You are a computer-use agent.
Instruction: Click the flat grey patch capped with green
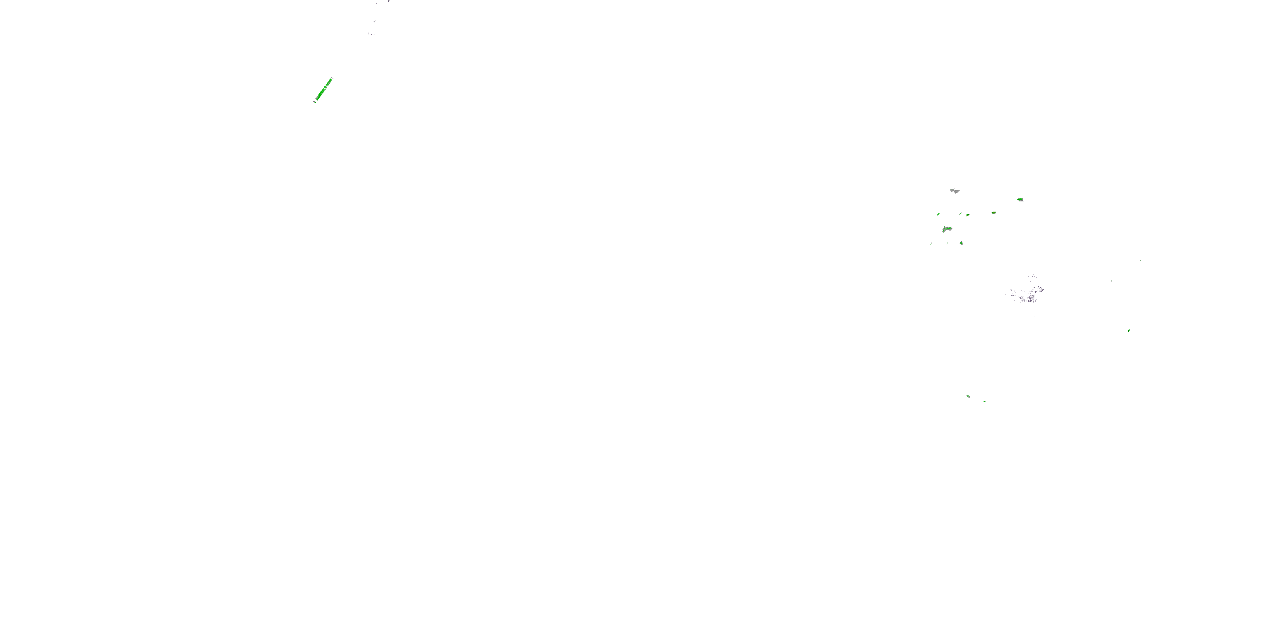pyautogui.click(x=1020, y=200)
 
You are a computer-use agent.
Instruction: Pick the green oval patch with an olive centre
pyautogui.click(x=994, y=213)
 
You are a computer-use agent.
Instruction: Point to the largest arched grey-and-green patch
pyautogui.click(x=947, y=229)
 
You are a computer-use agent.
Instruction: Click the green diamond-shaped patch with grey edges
pyautogui.click(x=961, y=243)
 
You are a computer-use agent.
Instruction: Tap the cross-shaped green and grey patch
pyautogui.click(x=968, y=215)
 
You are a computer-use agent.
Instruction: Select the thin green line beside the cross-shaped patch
pyautogui.click(x=960, y=214)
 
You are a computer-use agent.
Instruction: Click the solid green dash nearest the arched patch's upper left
pyautogui.click(x=938, y=214)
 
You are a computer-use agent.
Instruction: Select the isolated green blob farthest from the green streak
pyautogui.click(x=1129, y=331)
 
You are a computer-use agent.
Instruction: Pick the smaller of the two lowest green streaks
pyautogui.click(x=985, y=401)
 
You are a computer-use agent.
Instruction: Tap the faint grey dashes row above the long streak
pyautogui.click(x=371, y=34)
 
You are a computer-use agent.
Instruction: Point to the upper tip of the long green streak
pyautogui.click(x=332, y=79)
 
